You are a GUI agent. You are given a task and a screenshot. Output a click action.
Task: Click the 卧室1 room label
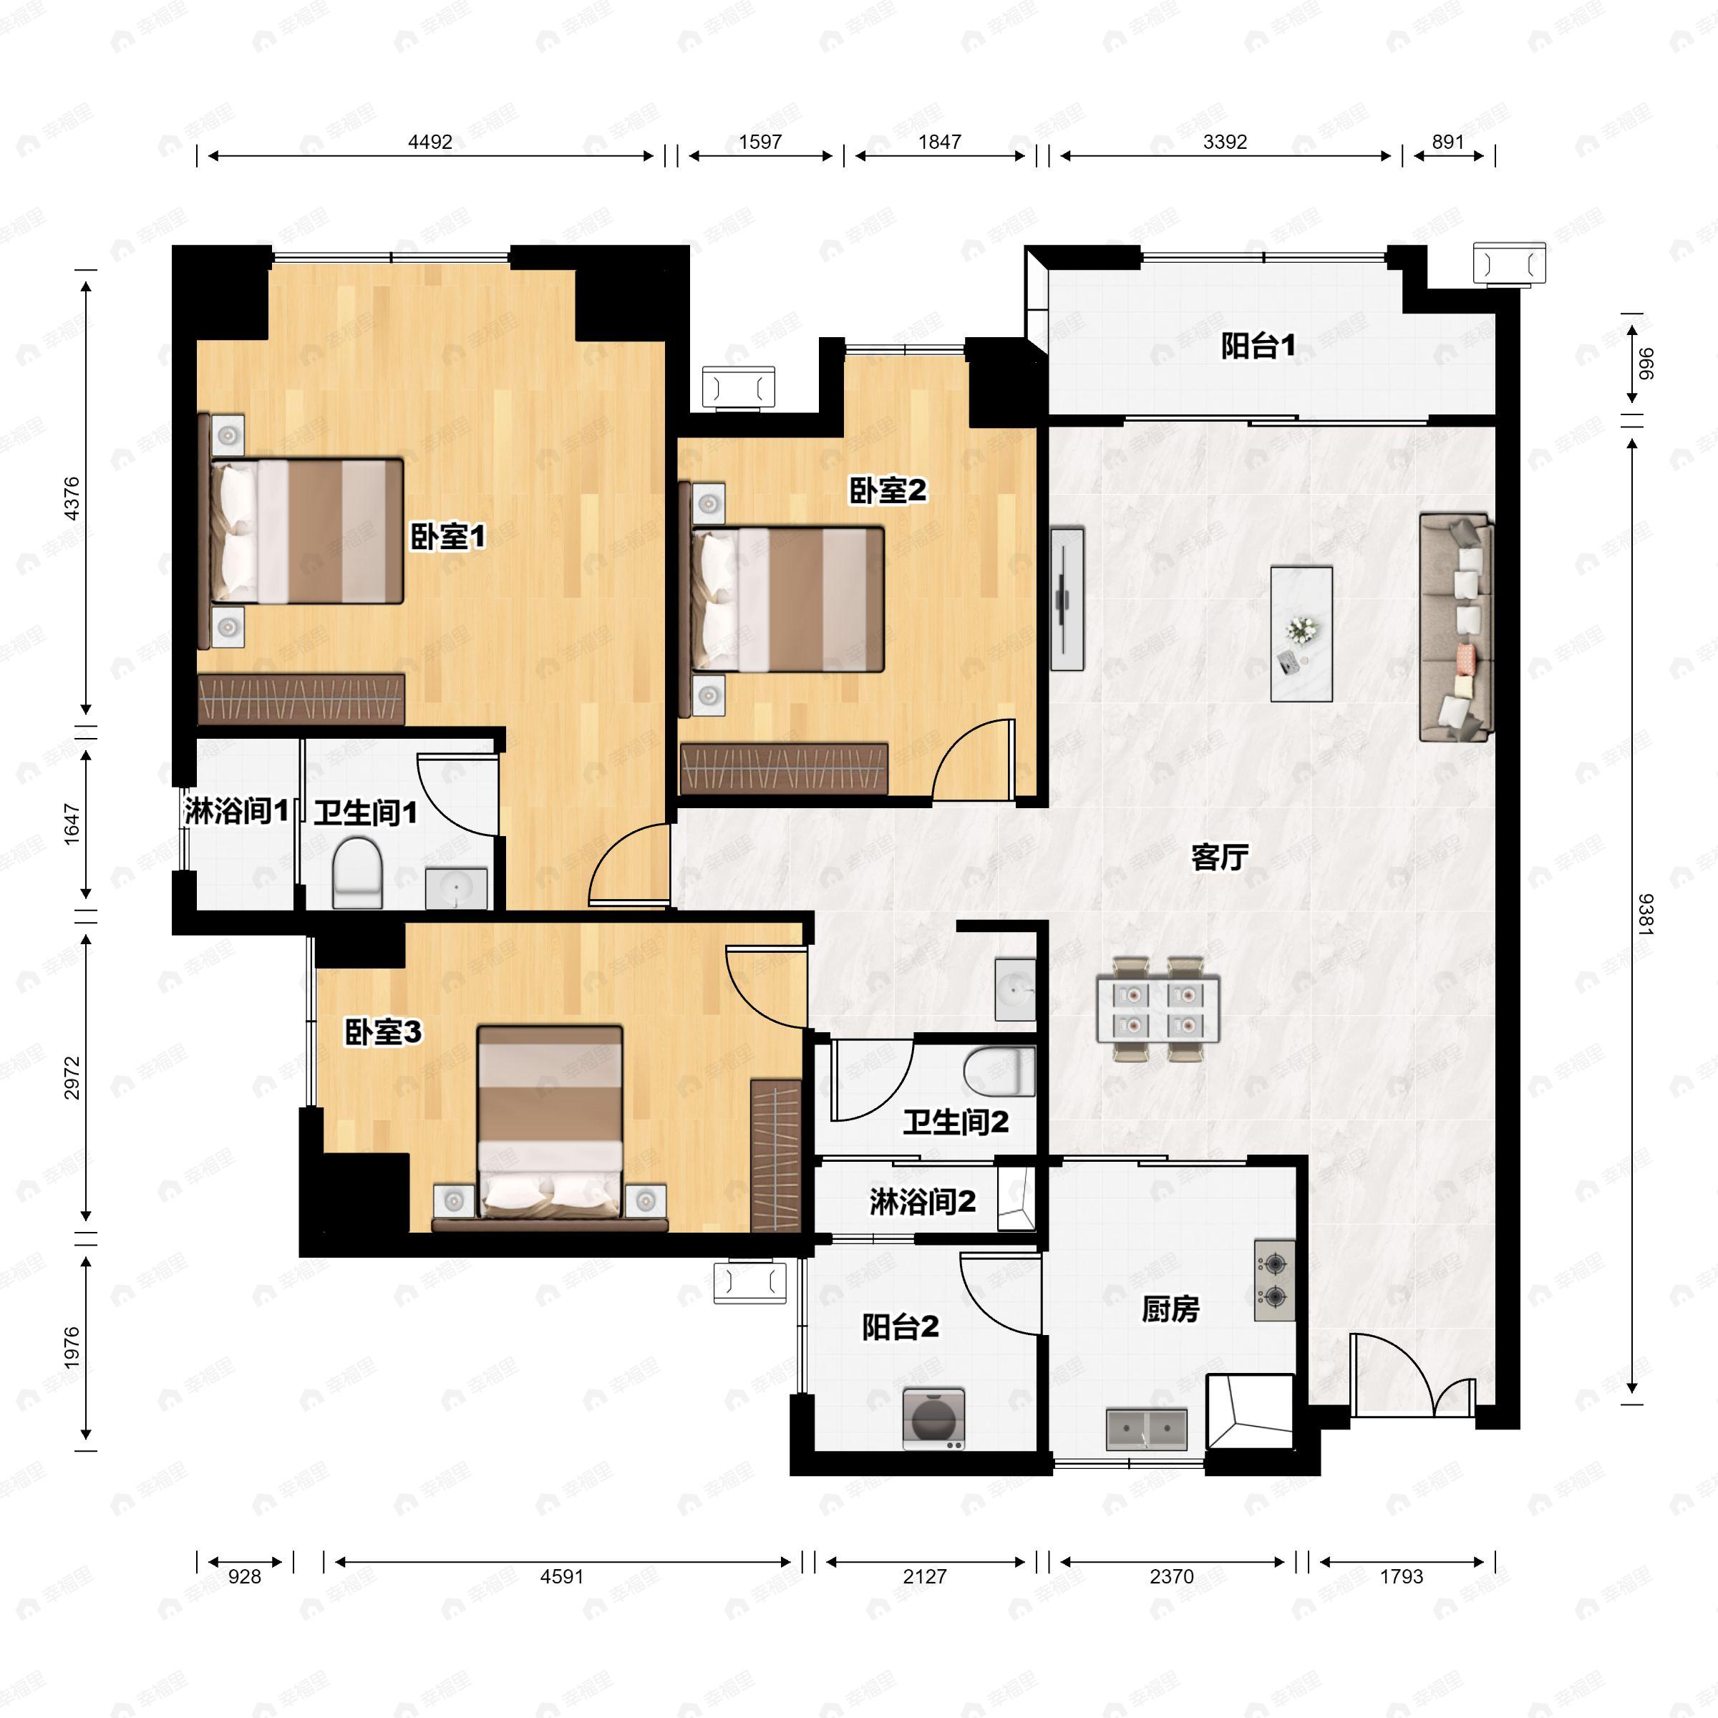pyautogui.click(x=447, y=537)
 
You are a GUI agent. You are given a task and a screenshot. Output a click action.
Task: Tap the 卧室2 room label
pyautogui.click(x=887, y=490)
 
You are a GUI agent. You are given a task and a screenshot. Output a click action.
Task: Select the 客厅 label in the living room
pyautogui.click(x=1219, y=858)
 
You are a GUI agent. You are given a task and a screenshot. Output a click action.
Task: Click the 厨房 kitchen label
pyautogui.click(x=1170, y=1310)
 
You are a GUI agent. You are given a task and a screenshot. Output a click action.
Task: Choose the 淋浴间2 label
pyautogui.click(x=922, y=1203)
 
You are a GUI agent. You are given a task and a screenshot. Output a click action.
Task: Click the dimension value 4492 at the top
pyautogui.click(x=430, y=142)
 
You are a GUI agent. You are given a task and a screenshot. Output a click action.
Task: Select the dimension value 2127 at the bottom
pyautogui.click(x=925, y=1576)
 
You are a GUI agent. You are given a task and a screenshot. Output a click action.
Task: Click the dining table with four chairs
pyautogui.click(x=1158, y=1009)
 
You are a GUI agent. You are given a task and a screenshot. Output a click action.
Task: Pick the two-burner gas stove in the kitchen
pyautogui.click(x=1274, y=1281)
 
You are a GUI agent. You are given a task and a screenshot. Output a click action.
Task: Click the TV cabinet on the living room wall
pyautogui.click(x=1066, y=598)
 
